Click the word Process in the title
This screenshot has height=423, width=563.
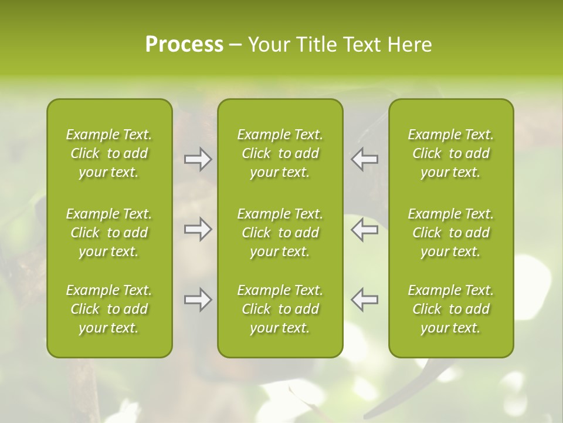pos(184,45)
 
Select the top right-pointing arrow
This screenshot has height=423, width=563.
pos(198,159)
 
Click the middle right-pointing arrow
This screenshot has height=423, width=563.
pos(198,230)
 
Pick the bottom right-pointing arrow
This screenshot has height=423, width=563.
pos(198,300)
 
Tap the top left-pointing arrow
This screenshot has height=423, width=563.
pos(364,159)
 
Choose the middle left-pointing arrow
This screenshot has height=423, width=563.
pos(364,230)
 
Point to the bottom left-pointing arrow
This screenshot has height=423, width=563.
pos(364,300)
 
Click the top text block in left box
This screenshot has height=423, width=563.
pos(109,153)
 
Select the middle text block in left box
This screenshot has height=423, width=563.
pos(109,233)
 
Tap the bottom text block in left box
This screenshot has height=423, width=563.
pos(109,309)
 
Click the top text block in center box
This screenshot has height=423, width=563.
pos(280,153)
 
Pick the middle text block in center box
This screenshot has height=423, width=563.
pos(280,233)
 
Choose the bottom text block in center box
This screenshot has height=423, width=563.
pos(280,309)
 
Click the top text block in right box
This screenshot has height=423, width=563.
pos(451,153)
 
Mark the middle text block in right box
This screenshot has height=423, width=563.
pos(451,233)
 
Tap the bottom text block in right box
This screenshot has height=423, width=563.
pos(451,309)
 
